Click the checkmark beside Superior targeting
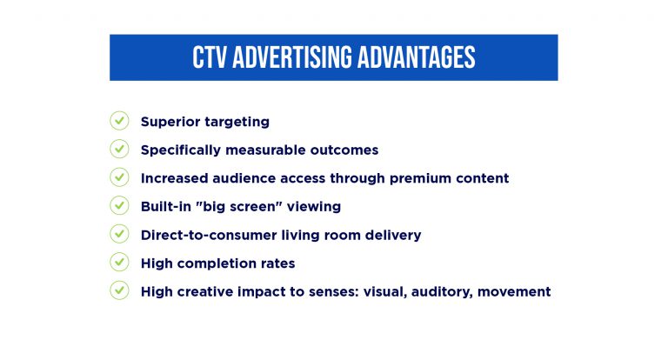tap(119, 121)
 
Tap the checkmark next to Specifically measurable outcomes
tap(119, 150)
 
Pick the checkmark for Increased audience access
tap(119, 177)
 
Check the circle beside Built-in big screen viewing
tap(119, 206)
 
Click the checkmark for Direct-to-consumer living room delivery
tap(119, 234)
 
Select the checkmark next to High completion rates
tap(119, 263)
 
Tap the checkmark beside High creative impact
tap(119, 290)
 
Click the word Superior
tap(171, 122)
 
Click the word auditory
tap(451, 291)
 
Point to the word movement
tap(519, 291)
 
